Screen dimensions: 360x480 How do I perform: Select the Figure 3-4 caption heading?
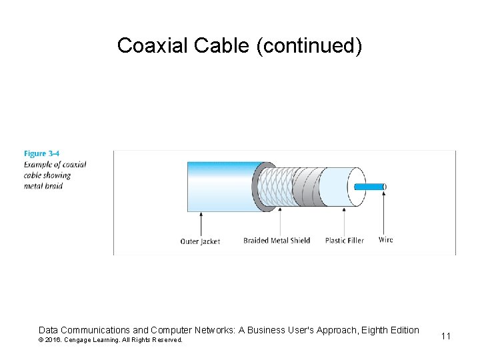point(42,154)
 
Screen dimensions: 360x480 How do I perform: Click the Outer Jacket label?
point(200,241)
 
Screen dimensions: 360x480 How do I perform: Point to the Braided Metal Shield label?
point(277,241)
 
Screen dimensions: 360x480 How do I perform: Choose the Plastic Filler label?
point(345,241)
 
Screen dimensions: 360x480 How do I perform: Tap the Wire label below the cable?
point(385,240)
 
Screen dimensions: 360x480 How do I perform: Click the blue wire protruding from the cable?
point(369,187)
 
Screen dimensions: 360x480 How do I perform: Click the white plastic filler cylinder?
point(337,187)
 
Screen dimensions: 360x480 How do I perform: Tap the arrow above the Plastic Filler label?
point(344,220)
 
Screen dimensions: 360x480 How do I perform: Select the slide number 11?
point(446,336)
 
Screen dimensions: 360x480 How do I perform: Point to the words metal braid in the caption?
point(44,186)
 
